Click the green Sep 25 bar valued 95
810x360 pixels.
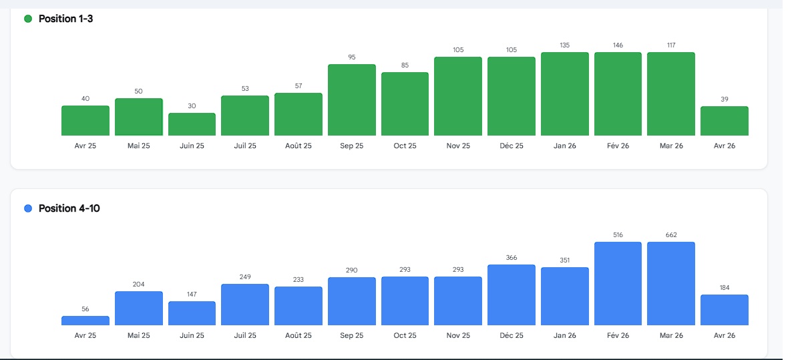352,100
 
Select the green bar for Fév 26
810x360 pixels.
618,94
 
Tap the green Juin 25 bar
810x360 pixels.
192,125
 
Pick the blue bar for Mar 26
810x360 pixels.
671,284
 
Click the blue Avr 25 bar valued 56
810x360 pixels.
85,321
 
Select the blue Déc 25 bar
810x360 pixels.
512,295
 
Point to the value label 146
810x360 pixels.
618,45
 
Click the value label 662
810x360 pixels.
671,235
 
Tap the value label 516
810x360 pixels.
618,235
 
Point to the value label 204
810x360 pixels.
138,285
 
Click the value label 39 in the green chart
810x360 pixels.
725,100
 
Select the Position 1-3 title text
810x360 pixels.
65,19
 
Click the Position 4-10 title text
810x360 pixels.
69,208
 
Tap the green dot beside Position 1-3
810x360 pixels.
28,19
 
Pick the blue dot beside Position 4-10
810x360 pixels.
28,208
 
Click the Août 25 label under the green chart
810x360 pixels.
298,146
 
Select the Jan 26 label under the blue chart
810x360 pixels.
565,335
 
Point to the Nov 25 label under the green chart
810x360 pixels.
458,146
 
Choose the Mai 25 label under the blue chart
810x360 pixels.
138,335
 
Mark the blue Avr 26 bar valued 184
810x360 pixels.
725,310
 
